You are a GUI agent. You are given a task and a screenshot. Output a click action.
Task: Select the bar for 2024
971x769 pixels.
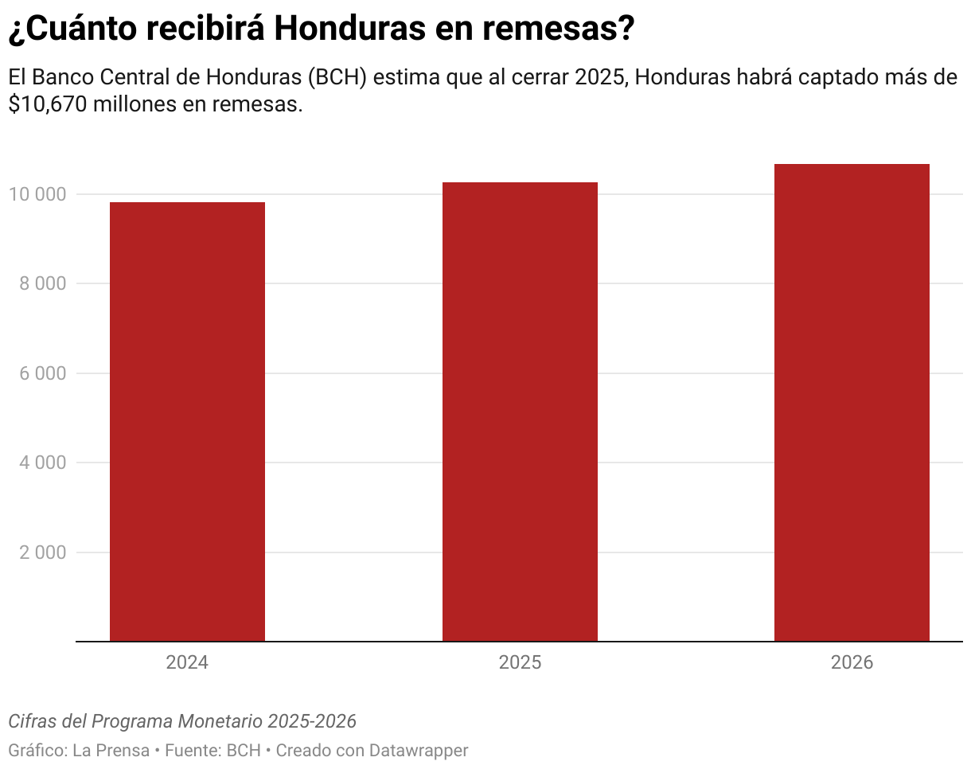tap(187, 422)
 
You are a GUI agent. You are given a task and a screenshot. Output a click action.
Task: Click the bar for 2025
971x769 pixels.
tap(520, 412)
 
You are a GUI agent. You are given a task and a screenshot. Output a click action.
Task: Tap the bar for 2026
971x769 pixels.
tap(852, 402)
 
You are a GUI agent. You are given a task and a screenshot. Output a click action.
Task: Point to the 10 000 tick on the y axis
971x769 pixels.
tap(37, 194)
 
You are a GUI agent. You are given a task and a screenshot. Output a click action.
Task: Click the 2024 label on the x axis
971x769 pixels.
tap(187, 663)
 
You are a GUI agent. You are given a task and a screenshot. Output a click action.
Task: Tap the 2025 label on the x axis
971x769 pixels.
tap(520, 663)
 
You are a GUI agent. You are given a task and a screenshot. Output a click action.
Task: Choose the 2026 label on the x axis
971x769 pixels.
tap(852, 663)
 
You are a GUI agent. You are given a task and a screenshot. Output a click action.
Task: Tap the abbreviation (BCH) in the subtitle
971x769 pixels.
tap(337, 78)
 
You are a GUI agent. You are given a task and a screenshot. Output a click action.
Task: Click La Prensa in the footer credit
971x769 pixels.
tap(111, 750)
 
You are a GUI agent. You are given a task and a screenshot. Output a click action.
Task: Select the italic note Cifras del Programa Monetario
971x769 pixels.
tap(135, 721)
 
